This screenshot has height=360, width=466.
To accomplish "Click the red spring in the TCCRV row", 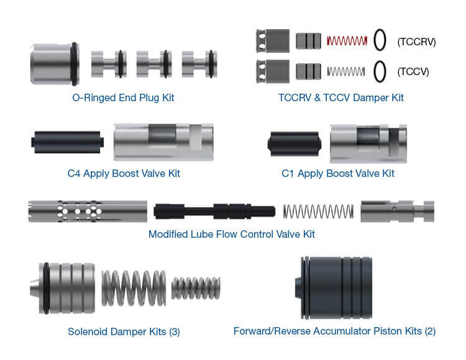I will click(347, 41).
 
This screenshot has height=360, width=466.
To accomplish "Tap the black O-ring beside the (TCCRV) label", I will click(380, 41).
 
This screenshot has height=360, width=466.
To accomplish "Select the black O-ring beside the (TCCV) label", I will click(380, 71).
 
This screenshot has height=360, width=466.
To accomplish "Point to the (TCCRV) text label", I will click(416, 42).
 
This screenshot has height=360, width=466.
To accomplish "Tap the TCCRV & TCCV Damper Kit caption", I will click(341, 97).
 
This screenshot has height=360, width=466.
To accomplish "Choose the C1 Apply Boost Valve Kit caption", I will click(338, 173).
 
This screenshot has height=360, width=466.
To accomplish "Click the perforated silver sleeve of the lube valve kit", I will click(88, 211).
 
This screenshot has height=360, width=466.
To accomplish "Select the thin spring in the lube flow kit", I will click(318, 211).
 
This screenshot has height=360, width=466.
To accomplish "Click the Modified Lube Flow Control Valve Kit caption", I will click(232, 234).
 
